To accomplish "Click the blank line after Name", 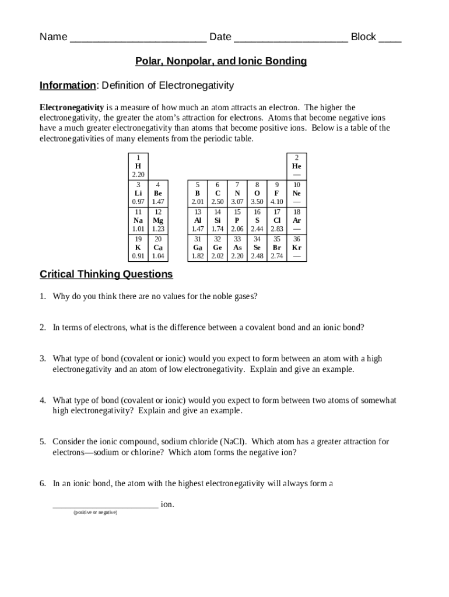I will [x=138, y=38].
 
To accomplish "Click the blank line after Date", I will [x=291, y=38].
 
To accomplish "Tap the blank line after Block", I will [x=390, y=38].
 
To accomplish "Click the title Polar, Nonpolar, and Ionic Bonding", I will [x=221, y=61].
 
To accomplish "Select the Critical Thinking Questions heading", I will [x=106, y=274].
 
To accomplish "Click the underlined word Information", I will [x=68, y=86].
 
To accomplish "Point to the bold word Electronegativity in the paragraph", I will [x=72, y=108].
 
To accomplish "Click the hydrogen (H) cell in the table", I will [x=138, y=166].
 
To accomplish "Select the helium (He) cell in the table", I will [x=297, y=166].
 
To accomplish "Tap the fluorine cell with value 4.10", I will [x=277, y=193].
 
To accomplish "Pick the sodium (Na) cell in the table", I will [x=138, y=220].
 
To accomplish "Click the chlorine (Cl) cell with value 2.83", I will [x=277, y=220].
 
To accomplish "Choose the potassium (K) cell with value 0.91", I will [x=138, y=247].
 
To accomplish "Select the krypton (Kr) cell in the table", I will [x=297, y=247].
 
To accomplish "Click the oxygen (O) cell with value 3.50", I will [x=257, y=193].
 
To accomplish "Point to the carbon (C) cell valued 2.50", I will [x=218, y=193].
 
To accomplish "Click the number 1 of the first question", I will [x=43, y=296].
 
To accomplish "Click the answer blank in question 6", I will [x=105, y=504].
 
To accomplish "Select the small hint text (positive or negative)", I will [x=95, y=512].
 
